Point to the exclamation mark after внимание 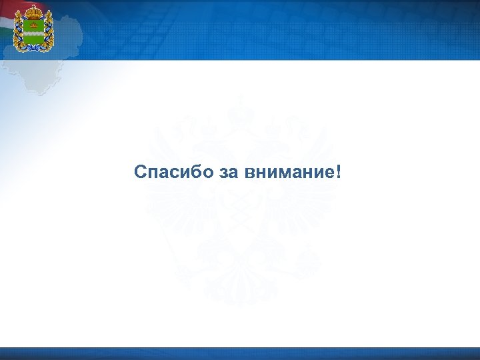340,171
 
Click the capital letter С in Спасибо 139,172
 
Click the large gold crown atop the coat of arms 33,12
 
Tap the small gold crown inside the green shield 33,25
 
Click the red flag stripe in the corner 5,8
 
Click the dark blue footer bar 240,353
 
